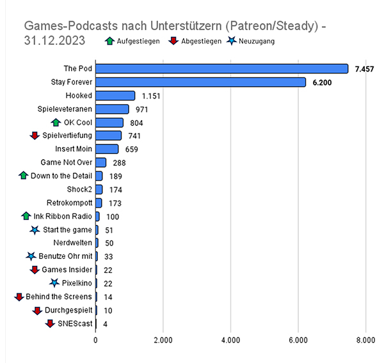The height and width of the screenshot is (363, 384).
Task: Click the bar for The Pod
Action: pyautogui.click(x=221, y=68)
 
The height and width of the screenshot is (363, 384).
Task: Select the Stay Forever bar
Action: pyautogui.click(x=200, y=82)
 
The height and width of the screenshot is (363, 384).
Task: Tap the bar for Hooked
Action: pyautogui.click(x=115, y=95)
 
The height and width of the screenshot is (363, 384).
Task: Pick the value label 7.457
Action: pyautogui.click(x=364, y=68)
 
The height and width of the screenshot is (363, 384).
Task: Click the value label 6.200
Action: pyautogui.click(x=321, y=82)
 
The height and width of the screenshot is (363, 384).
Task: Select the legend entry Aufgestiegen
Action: pyautogui.click(x=135, y=41)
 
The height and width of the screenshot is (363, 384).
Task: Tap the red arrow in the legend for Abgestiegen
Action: pyautogui.click(x=172, y=41)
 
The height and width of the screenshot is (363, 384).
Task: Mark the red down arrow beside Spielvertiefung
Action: pyautogui.click(x=35, y=135)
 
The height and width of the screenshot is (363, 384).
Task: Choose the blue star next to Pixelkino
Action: pyautogui.click(x=55, y=283)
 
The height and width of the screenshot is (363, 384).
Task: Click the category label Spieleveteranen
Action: pyautogui.click(x=65, y=109)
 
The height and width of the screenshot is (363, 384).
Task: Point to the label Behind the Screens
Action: pyautogui.click(x=59, y=297)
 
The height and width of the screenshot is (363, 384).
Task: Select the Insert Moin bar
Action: pyautogui.click(x=107, y=149)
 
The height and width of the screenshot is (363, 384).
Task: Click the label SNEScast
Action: pyautogui.click(x=75, y=323)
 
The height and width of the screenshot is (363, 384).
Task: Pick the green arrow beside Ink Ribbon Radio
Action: pyautogui.click(x=26, y=216)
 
